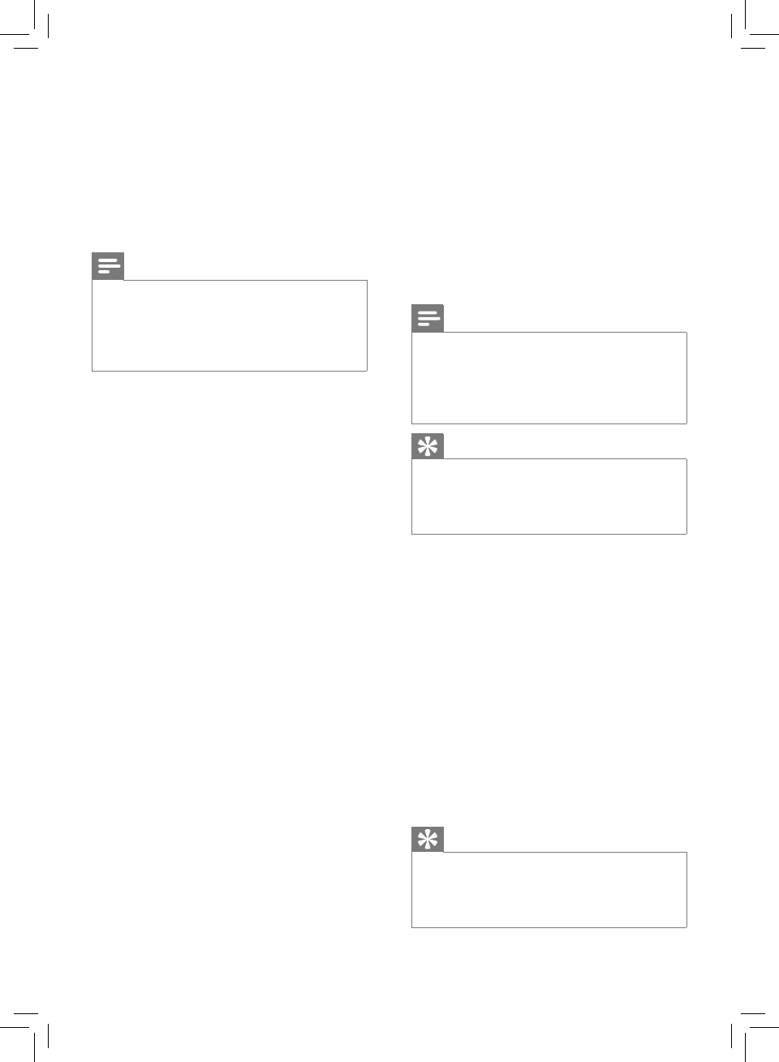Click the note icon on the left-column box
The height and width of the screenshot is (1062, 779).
click(x=108, y=266)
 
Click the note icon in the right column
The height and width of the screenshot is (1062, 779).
click(x=428, y=318)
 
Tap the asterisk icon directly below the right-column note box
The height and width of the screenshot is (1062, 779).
click(x=428, y=445)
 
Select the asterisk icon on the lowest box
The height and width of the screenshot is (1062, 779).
click(x=428, y=839)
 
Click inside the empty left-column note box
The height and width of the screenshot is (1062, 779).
click(x=230, y=325)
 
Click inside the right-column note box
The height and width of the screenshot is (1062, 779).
click(x=549, y=377)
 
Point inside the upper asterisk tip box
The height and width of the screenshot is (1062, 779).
click(x=549, y=496)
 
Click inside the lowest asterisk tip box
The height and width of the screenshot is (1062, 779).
click(x=549, y=889)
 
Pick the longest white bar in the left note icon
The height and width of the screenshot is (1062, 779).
click(x=109, y=266)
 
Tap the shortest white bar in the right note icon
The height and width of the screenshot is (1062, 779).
click(x=423, y=324)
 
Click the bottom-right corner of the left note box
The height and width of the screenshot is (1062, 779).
click(x=368, y=371)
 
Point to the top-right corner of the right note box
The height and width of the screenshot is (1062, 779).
click(x=687, y=332)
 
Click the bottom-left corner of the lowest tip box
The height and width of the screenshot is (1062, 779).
click(x=412, y=927)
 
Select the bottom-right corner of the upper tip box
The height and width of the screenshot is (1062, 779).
click(x=687, y=534)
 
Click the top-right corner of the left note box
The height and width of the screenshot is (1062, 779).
click(x=368, y=281)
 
